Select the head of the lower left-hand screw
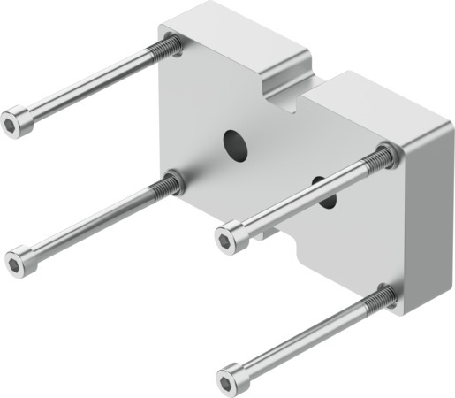[x=17, y=262]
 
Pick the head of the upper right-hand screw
[x=227, y=238]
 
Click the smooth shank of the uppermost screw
[x=88, y=85]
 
